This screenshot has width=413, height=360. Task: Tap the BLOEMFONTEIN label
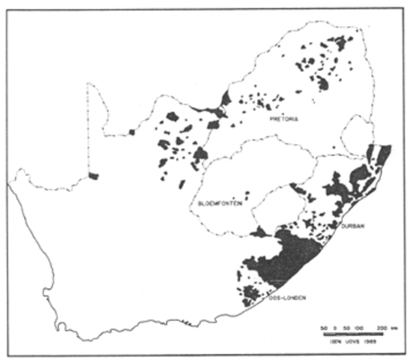220,203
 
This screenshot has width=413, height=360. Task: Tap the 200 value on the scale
382,328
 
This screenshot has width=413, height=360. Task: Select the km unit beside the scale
394,328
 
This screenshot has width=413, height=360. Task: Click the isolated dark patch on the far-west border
93,176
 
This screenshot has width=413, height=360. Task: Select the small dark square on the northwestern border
130,133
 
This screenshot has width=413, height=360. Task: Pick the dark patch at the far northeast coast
383,154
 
